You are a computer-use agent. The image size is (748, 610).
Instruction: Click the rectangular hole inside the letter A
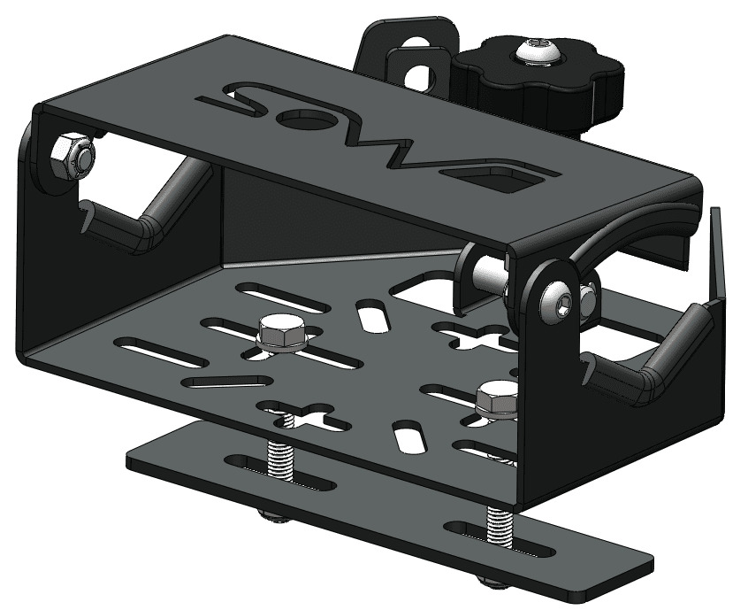click(511, 181)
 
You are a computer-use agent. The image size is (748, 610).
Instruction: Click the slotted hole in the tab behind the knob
click(416, 71)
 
